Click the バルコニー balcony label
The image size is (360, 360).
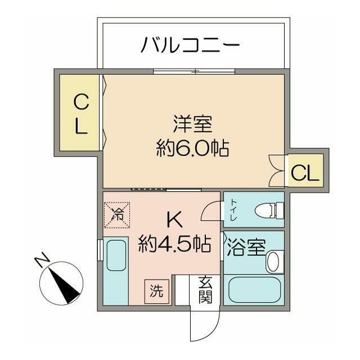tap(190, 44)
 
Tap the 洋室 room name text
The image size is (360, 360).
tap(192, 124)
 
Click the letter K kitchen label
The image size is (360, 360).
tap(174, 219)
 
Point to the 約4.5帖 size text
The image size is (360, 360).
tap(174, 244)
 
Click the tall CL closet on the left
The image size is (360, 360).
tap(79, 112)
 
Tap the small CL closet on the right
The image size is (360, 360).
tap(305, 170)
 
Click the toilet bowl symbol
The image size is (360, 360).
tap(269, 210)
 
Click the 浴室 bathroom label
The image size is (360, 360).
tap(246, 247)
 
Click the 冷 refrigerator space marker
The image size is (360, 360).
tap(117, 215)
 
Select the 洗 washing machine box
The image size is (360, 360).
tap(156, 291)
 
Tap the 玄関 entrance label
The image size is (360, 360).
tap(205, 290)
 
